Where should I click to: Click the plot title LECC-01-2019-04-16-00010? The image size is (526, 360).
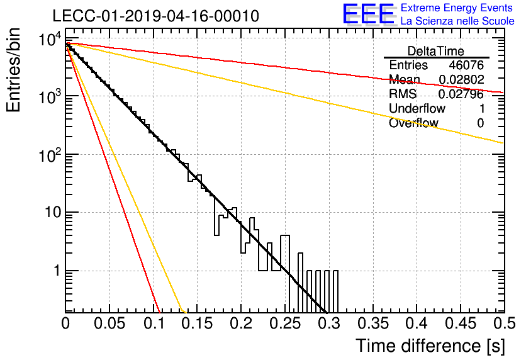point(156,16)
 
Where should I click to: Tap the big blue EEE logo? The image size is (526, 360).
point(368,14)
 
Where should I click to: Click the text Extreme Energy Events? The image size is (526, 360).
point(457,8)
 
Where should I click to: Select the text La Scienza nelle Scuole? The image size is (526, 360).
point(457,21)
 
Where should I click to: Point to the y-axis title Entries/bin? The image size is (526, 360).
point(13,70)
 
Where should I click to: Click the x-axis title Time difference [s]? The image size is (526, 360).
point(430,346)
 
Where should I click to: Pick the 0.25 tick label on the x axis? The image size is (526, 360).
point(286,323)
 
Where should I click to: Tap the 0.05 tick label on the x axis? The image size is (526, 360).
point(109,323)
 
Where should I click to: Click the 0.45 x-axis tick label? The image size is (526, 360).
point(461,323)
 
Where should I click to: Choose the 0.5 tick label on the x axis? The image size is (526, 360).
point(504,323)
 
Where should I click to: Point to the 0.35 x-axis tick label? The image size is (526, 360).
point(373,323)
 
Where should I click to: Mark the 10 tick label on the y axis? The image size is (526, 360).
point(53,212)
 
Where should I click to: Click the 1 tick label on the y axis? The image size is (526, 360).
point(57,271)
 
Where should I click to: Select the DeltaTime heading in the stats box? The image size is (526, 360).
point(436,51)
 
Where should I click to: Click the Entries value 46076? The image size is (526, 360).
point(466,65)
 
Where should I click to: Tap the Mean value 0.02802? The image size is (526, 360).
point(462,79)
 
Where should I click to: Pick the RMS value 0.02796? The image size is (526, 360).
point(461,94)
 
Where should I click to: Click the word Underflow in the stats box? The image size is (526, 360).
point(417,108)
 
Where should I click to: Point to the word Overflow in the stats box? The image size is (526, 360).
point(413,123)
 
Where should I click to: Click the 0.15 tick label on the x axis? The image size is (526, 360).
point(198,323)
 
